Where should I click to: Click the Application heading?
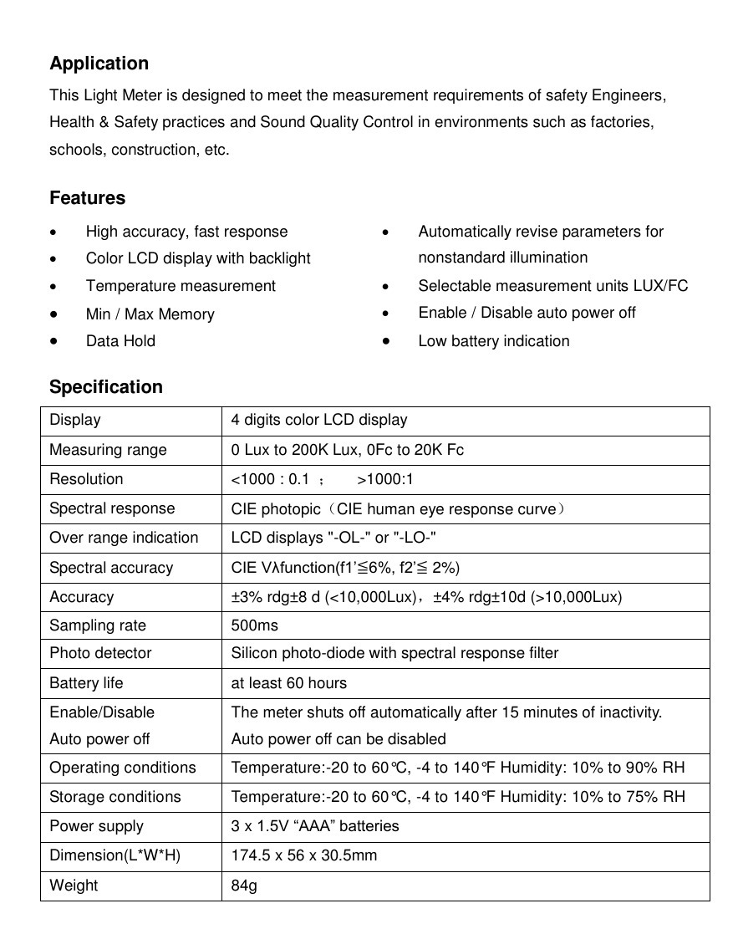99,64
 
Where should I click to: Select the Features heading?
87,198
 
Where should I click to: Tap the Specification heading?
105,387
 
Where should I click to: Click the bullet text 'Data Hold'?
120,341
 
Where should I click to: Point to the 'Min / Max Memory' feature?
150,314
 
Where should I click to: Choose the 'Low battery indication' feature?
493,341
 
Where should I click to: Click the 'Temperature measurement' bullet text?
181,286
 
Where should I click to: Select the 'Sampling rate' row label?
97,625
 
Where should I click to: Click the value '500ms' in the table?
254,625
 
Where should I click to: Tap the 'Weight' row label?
74,886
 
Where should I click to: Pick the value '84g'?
244,886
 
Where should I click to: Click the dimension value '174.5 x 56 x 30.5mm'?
303,855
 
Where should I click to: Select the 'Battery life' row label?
86,683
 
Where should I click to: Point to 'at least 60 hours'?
288,683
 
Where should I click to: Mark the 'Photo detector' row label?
100,653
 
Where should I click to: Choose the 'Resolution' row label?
86,479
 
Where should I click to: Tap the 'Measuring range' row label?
108,450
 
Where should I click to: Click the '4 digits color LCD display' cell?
319,420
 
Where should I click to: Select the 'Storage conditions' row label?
115,797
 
